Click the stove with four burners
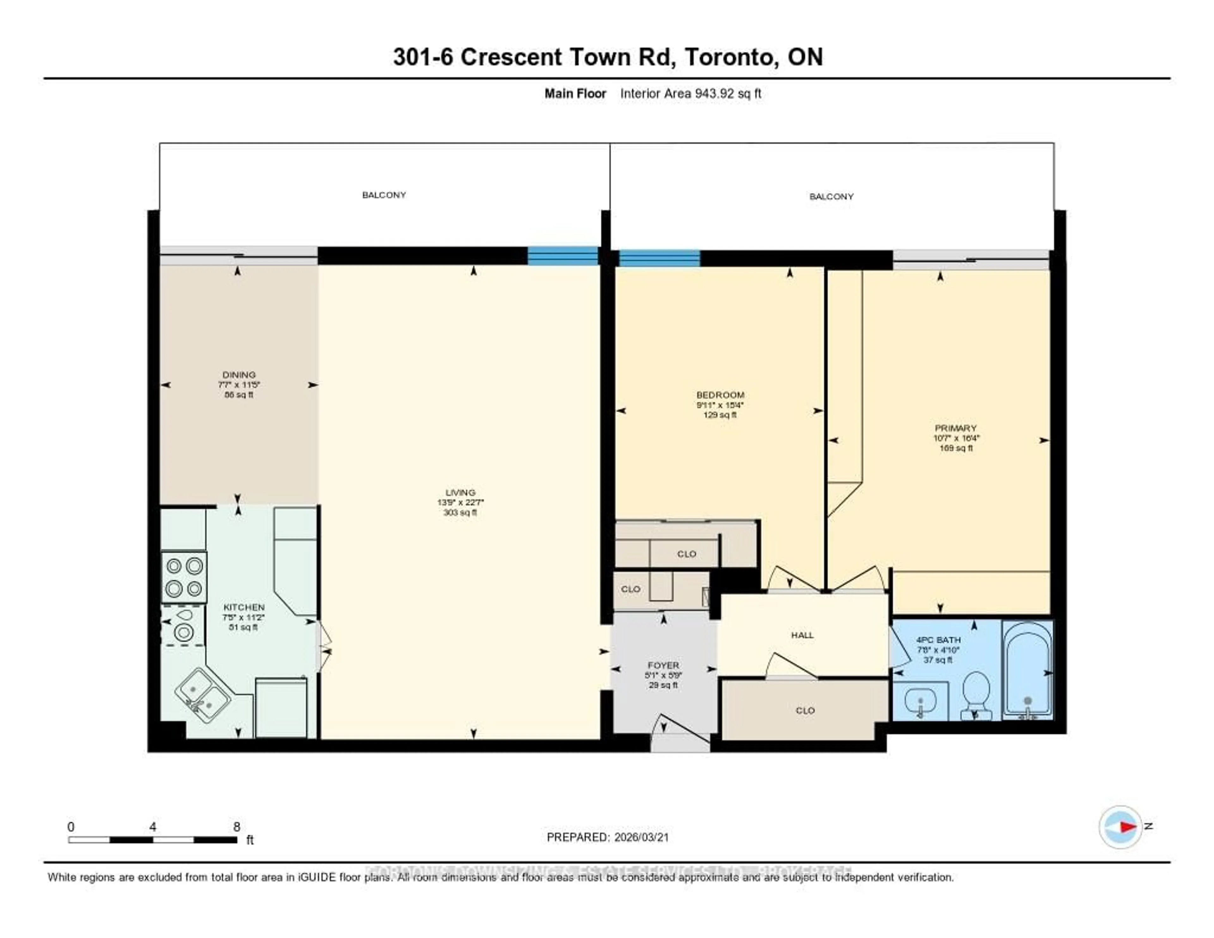(184, 577)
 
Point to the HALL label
(802, 635)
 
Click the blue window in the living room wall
(562, 256)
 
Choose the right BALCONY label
(831, 197)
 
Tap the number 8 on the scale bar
(237, 827)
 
